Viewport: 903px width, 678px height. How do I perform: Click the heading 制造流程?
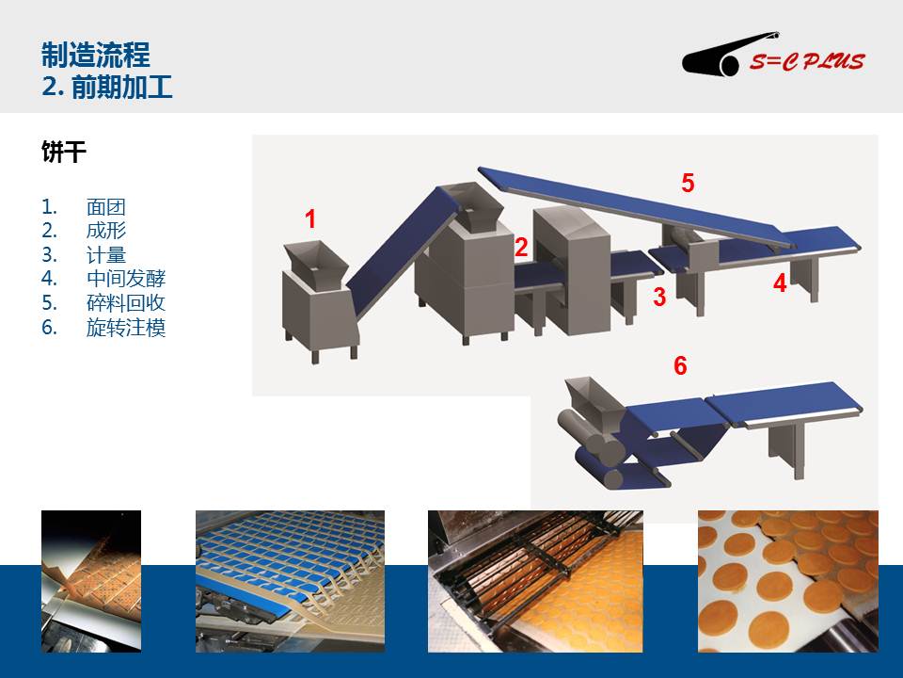[96, 56]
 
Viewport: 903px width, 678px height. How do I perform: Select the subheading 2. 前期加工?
[107, 87]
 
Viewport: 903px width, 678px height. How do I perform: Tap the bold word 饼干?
[64, 152]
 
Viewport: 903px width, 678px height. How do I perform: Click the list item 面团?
[106, 207]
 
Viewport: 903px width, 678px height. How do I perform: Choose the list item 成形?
[106, 231]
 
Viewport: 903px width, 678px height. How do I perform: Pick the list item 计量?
[106, 255]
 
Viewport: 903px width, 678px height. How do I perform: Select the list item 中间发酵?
[126, 279]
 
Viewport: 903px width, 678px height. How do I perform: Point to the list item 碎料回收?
[126, 302]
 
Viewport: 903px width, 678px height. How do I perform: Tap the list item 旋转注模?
[126, 328]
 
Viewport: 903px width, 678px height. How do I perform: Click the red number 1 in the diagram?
[310, 219]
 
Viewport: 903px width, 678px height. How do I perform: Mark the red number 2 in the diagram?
[521, 247]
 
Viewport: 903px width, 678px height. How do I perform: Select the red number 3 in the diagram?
[659, 297]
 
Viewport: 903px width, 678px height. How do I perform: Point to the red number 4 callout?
[780, 283]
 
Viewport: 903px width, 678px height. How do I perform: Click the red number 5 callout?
[688, 183]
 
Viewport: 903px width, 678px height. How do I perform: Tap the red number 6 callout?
[680, 365]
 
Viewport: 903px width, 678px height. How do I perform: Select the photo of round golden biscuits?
[788, 581]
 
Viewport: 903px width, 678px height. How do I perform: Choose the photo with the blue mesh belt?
[291, 581]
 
